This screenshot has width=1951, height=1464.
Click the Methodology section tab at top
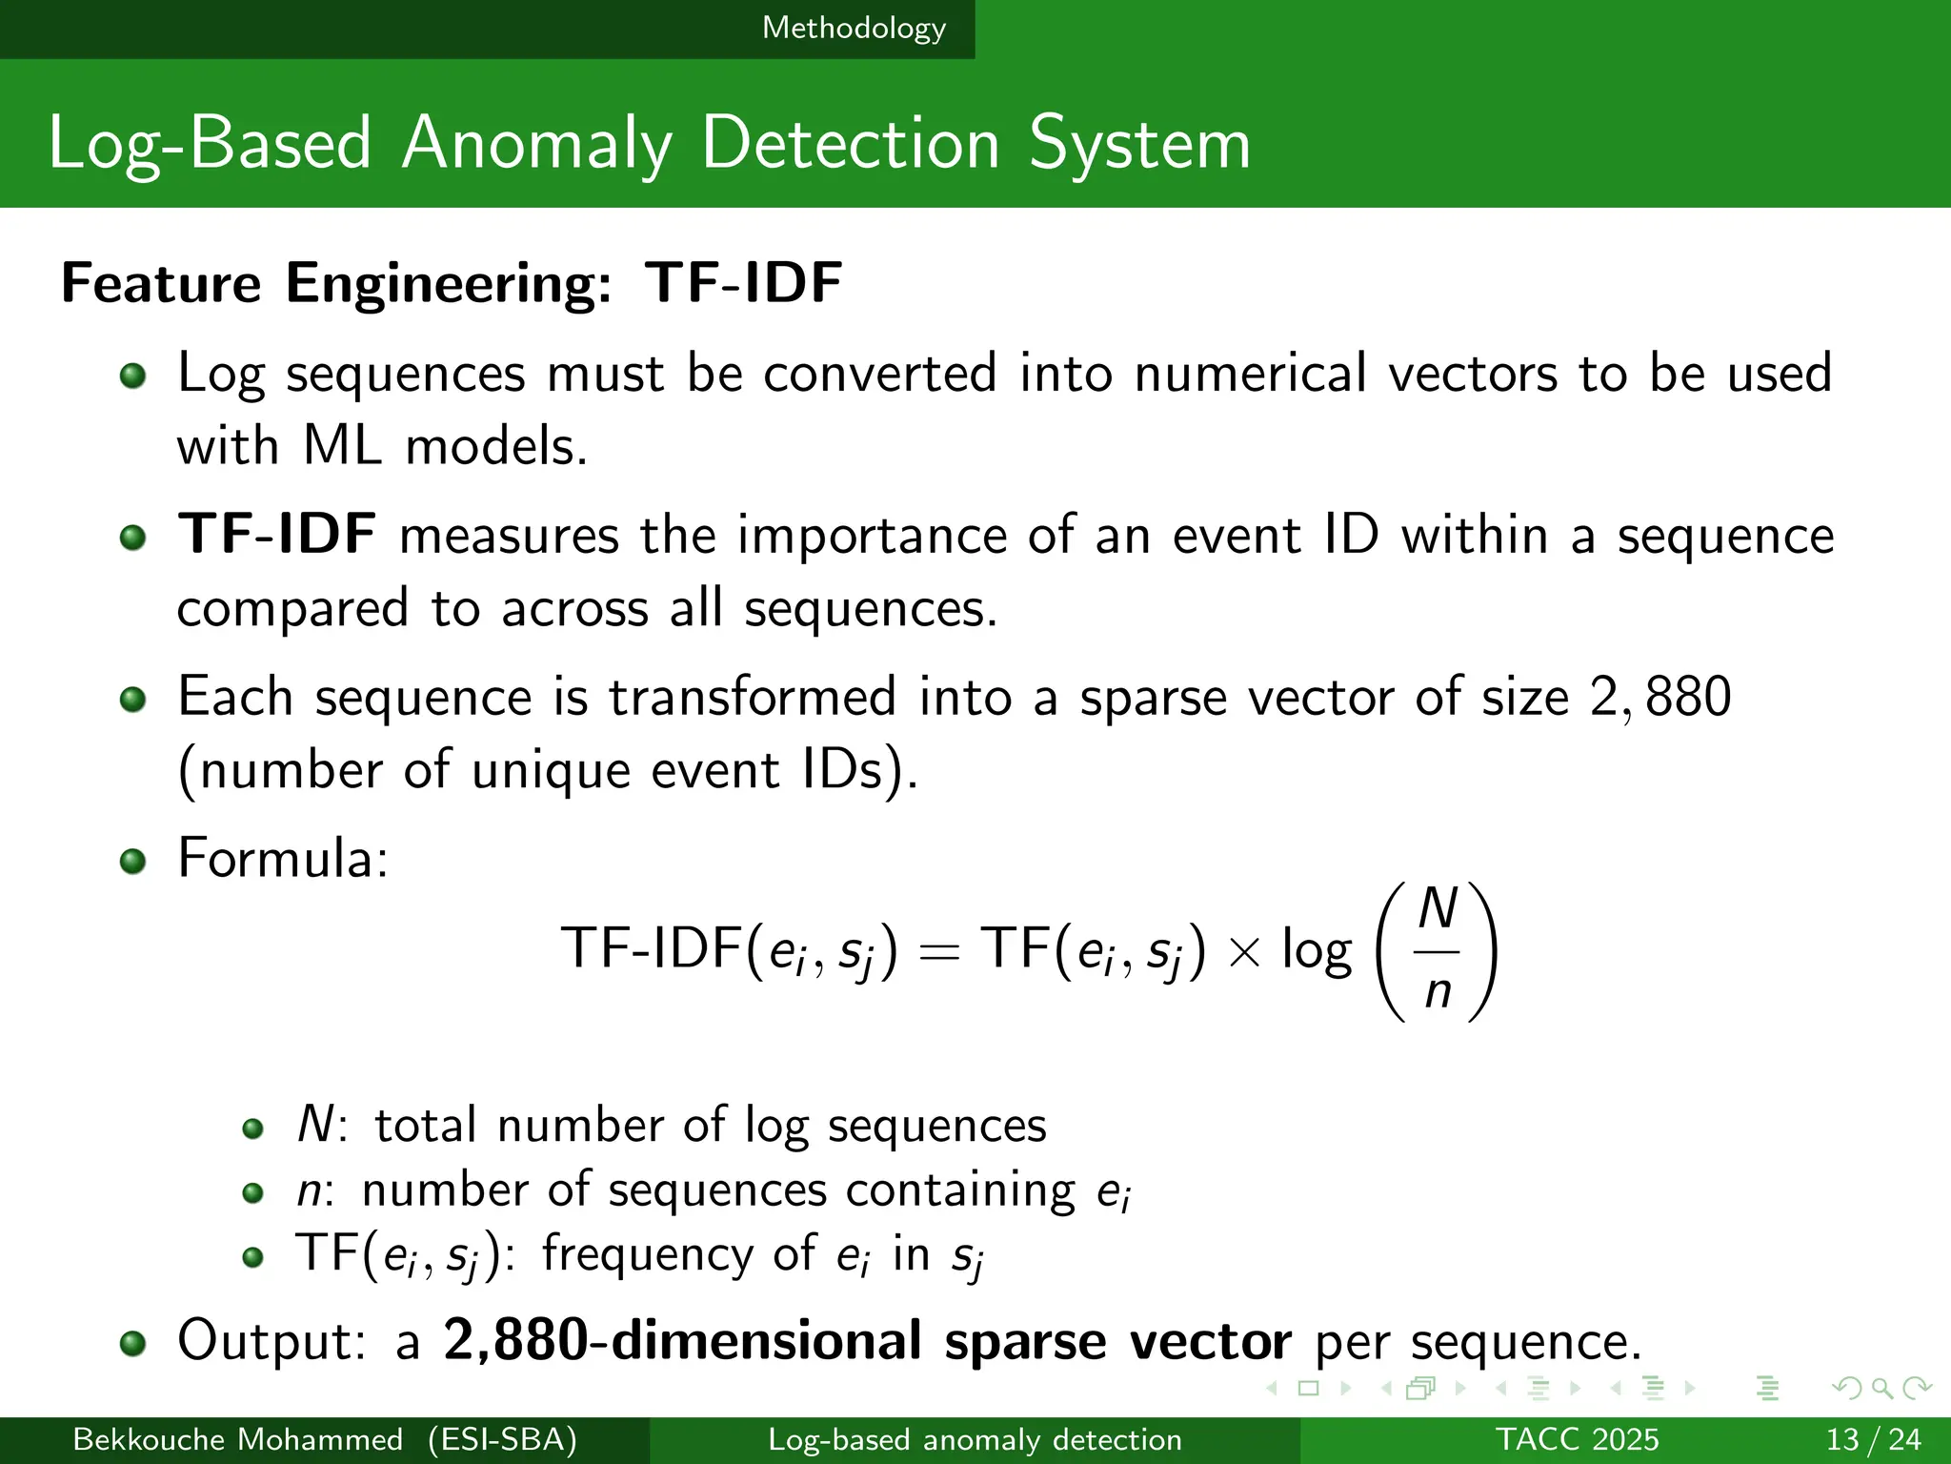pyautogui.click(x=854, y=28)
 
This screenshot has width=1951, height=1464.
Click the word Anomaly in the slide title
pyautogui.click(x=536, y=144)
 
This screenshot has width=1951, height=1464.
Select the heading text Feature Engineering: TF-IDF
pyautogui.click(x=452, y=283)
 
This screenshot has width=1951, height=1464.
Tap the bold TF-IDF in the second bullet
pyautogui.click(x=276, y=534)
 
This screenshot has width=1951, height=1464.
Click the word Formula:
pyautogui.click(x=283, y=858)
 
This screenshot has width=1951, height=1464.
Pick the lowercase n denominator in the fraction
pyautogui.click(x=1438, y=992)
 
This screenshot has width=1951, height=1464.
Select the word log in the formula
pyautogui.click(x=1317, y=951)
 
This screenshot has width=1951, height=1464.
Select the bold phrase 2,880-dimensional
pyautogui.click(x=682, y=1340)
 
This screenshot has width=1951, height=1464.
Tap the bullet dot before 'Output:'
pyautogui.click(x=133, y=1344)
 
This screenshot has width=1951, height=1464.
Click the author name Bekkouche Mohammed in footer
pyautogui.click(x=237, y=1439)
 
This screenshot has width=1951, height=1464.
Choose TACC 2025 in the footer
pyautogui.click(x=1577, y=1439)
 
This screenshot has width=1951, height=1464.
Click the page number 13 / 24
pyautogui.click(x=1873, y=1439)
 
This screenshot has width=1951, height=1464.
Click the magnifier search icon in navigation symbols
pyautogui.click(x=1881, y=1389)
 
